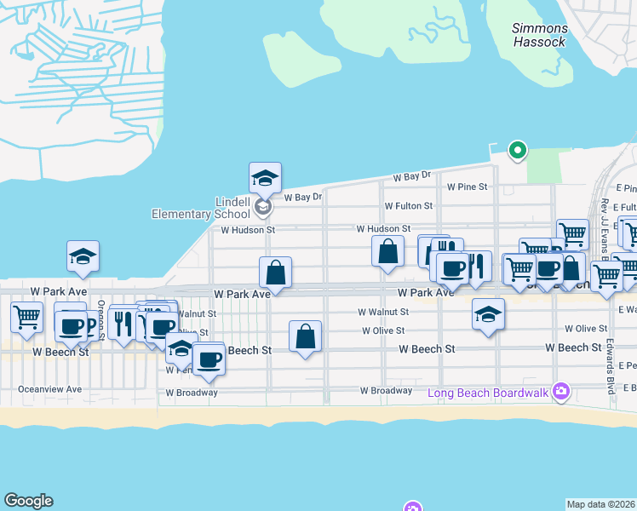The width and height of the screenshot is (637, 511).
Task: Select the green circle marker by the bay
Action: click(516, 151)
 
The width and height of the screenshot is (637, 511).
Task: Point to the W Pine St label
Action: click(467, 187)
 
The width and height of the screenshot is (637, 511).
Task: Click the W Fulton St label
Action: click(408, 206)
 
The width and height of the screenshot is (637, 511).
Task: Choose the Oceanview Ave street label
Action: click(50, 389)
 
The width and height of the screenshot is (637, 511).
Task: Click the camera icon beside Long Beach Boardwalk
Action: click(560, 392)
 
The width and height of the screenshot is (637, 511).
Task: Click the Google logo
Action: click(28, 501)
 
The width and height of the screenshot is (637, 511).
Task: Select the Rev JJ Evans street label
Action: click(604, 218)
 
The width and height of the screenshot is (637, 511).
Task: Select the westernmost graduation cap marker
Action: click(83, 255)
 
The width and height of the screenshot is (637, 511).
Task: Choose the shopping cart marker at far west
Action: click(26, 317)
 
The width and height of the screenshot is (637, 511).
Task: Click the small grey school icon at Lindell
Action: click(263, 206)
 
